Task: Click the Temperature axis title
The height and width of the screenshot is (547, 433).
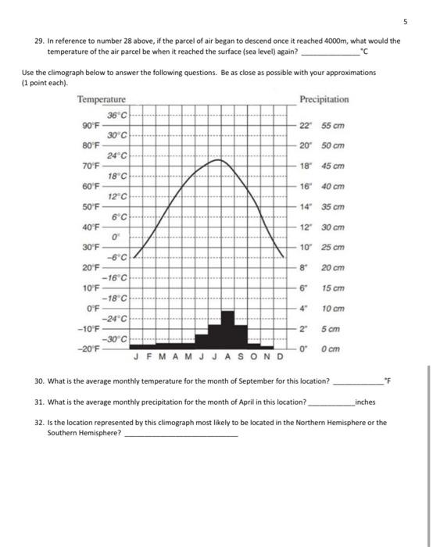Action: pyautogui.click(x=101, y=99)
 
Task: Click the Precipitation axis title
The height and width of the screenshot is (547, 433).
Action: pyautogui.click(x=324, y=99)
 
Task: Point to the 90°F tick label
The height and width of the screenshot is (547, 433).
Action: pyautogui.click(x=90, y=125)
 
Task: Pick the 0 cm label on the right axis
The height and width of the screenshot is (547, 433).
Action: pyautogui.click(x=331, y=349)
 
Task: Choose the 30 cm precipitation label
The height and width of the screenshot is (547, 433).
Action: pyautogui.click(x=333, y=227)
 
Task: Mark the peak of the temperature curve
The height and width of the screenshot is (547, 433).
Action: pyautogui.click(x=218, y=160)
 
